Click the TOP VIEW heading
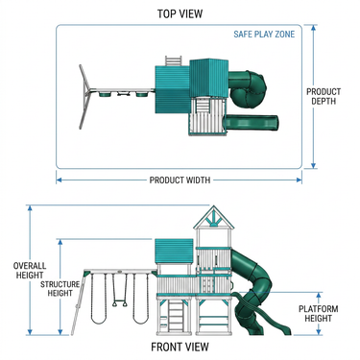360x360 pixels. [x=180, y=13]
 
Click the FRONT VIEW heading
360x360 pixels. [x=180, y=347]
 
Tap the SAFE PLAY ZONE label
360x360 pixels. [x=264, y=35]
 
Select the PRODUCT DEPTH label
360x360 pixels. [x=324, y=96]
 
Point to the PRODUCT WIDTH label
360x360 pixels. [x=180, y=180]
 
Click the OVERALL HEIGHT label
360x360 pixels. [x=30, y=271]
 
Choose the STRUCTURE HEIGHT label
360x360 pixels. [x=60, y=289]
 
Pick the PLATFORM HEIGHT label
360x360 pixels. [x=318, y=314]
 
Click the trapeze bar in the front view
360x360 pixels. [x=119, y=302]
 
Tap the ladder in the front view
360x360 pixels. [x=176, y=316]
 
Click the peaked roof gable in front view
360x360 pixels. [x=214, y=218]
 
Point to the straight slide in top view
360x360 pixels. [x=252, y=123]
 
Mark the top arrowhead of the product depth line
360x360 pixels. [x=314, y=28]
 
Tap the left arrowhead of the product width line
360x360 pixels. [x=59, y=180]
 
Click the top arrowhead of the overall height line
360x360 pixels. [x=30, y=208]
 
